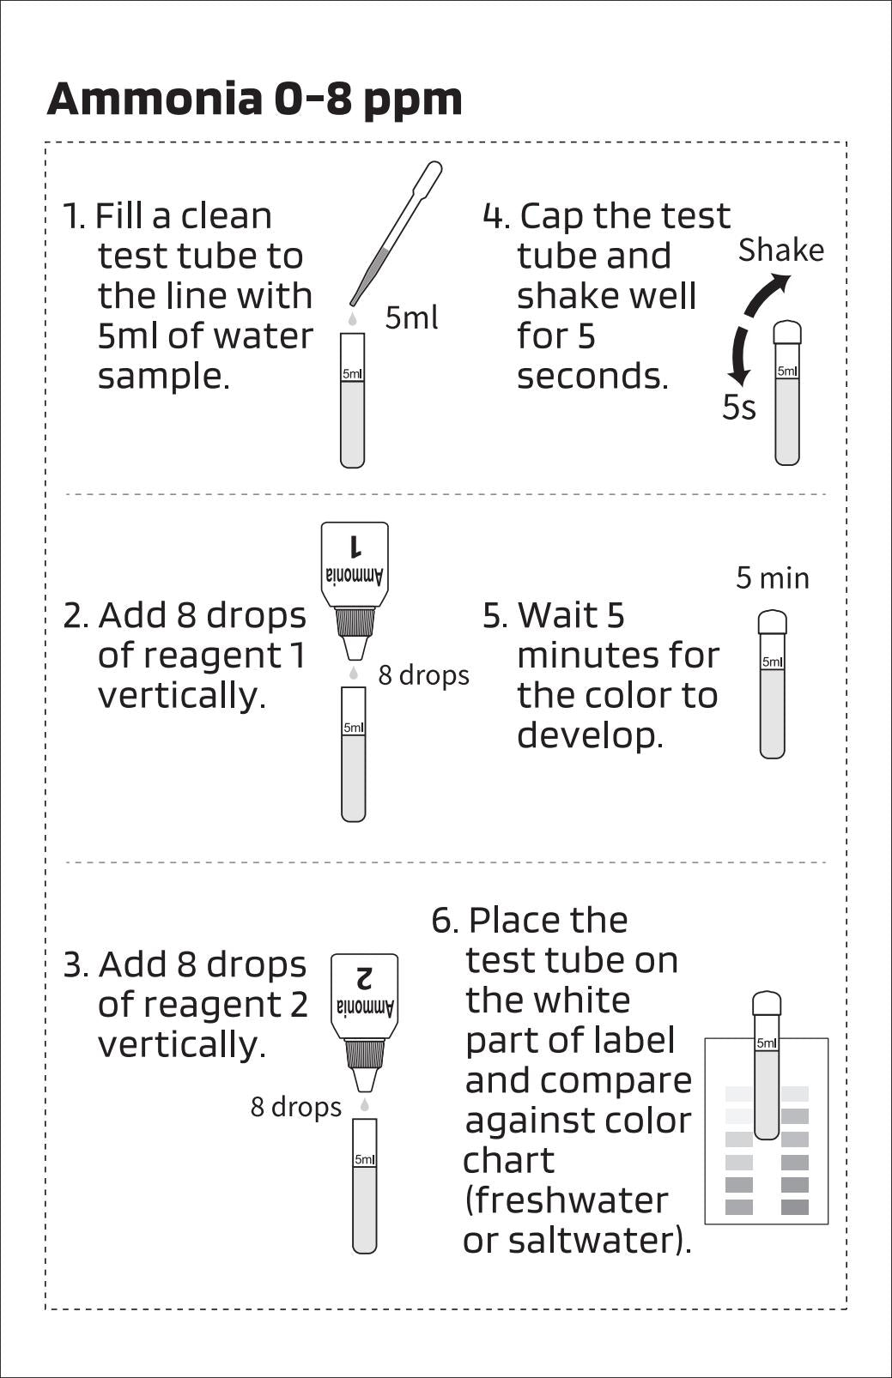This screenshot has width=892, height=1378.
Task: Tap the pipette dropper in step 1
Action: [x=395, y=235]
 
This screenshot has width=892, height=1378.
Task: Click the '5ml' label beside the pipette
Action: [x=411, y=317]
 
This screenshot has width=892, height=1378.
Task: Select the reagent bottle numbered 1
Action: [x=355, y=566]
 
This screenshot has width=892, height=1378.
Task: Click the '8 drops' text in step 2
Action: [x=423, y=675]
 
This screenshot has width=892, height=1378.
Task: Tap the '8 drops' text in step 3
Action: [x=295, y=1107]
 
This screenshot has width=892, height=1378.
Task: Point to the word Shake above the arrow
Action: [x=780, y=250]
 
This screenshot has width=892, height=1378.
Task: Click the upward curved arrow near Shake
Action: [x=766, y=293]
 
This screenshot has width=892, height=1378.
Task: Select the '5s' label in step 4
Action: [x=738, y=408]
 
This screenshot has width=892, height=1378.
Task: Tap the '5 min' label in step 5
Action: [x=772, y=578]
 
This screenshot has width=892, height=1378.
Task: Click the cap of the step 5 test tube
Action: [x=773, y=621]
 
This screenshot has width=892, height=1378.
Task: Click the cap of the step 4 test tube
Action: [x=787, y=331]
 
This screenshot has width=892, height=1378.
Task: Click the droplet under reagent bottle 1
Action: [x=353, y=674]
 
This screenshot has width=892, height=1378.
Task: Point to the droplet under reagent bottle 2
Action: [x=365, y=1105]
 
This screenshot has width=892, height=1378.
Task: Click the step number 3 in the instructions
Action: [x=74, y=965]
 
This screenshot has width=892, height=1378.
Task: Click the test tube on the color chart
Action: [x=767, y=1073]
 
